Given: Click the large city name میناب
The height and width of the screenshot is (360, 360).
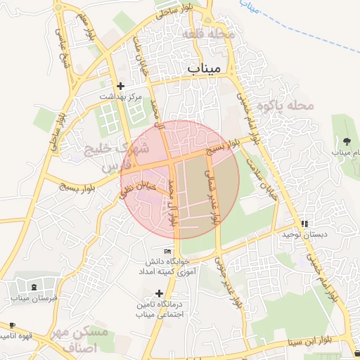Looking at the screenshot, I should coord(205,67).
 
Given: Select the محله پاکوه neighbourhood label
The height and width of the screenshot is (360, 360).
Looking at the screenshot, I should coord(284,105).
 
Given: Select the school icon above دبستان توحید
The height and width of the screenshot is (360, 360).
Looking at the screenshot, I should coord(304,223).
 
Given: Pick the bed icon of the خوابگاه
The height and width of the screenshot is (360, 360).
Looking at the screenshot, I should coord(167,250).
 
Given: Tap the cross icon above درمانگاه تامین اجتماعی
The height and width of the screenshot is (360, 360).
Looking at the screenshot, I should coord(159,293).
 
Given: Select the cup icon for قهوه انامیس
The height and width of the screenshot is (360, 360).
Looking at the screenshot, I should coord(12,325).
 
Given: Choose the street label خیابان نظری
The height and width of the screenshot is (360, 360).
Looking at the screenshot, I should coord(139,186).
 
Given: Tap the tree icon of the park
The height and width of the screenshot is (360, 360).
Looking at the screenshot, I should coord(345,141).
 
